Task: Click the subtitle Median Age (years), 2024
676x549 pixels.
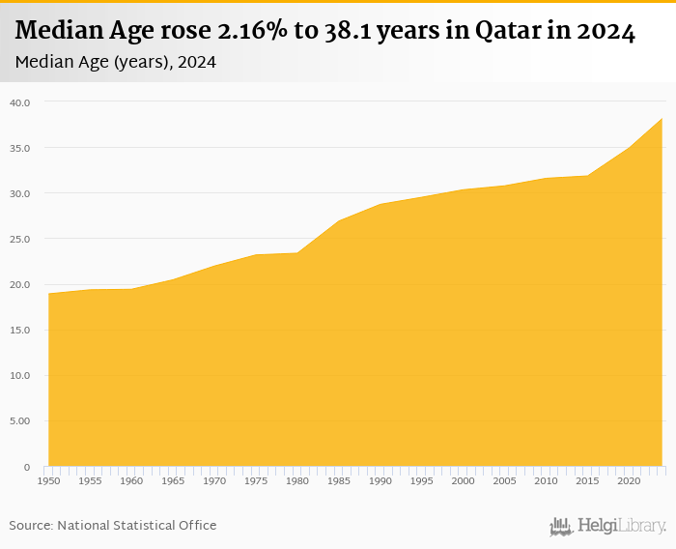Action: [x=116, y=62]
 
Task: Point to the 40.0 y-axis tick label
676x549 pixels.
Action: [x=20, y=102]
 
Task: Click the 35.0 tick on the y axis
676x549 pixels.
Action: [x=20, y=148]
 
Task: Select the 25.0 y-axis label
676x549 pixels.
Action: [x=20, y=239]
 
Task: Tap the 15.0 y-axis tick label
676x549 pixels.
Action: [x=20, y=331]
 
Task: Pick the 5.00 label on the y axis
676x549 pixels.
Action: [x=20, y=421]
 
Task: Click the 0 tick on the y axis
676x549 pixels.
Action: [x=27, y=467]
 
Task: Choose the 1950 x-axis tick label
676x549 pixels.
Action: [x=48, y=480]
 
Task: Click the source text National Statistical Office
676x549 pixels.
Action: [x=137, y=526]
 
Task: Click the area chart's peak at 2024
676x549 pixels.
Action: [x=662, y=119]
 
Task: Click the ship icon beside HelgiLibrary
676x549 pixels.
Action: [x=561, y=527]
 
